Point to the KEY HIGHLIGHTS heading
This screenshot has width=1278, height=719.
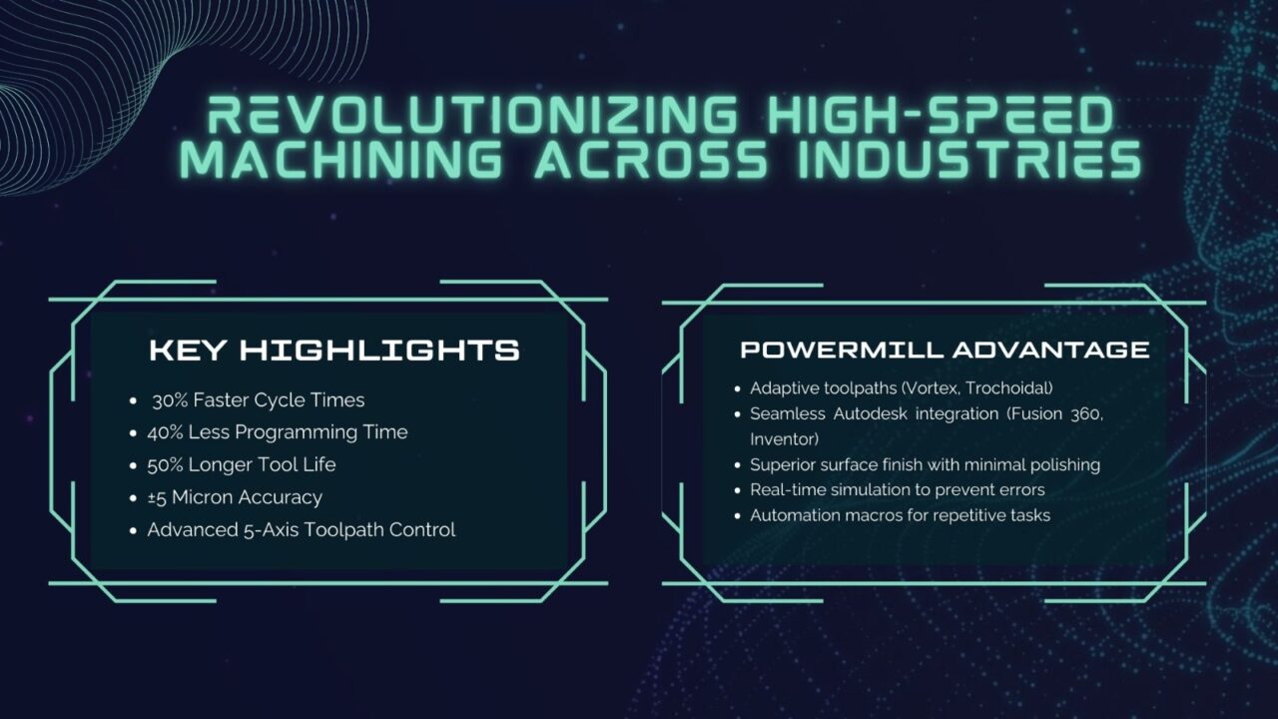(334, 351)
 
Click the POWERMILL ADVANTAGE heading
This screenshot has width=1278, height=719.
(945, 350)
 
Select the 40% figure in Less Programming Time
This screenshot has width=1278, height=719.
(167, 432)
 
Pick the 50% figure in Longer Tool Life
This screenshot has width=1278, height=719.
(167, 464)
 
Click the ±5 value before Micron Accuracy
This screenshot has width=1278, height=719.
(159, 497)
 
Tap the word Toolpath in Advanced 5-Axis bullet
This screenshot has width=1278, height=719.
(355, 529)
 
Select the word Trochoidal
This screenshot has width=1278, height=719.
(1008, 387)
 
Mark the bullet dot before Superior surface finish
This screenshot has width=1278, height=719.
(739, 465)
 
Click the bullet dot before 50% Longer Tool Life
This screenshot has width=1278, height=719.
(134, 465)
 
